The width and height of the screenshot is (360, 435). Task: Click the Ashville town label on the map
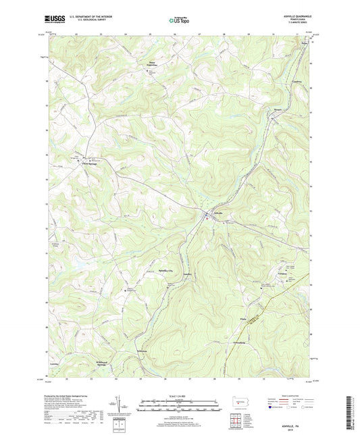point(217,213)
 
